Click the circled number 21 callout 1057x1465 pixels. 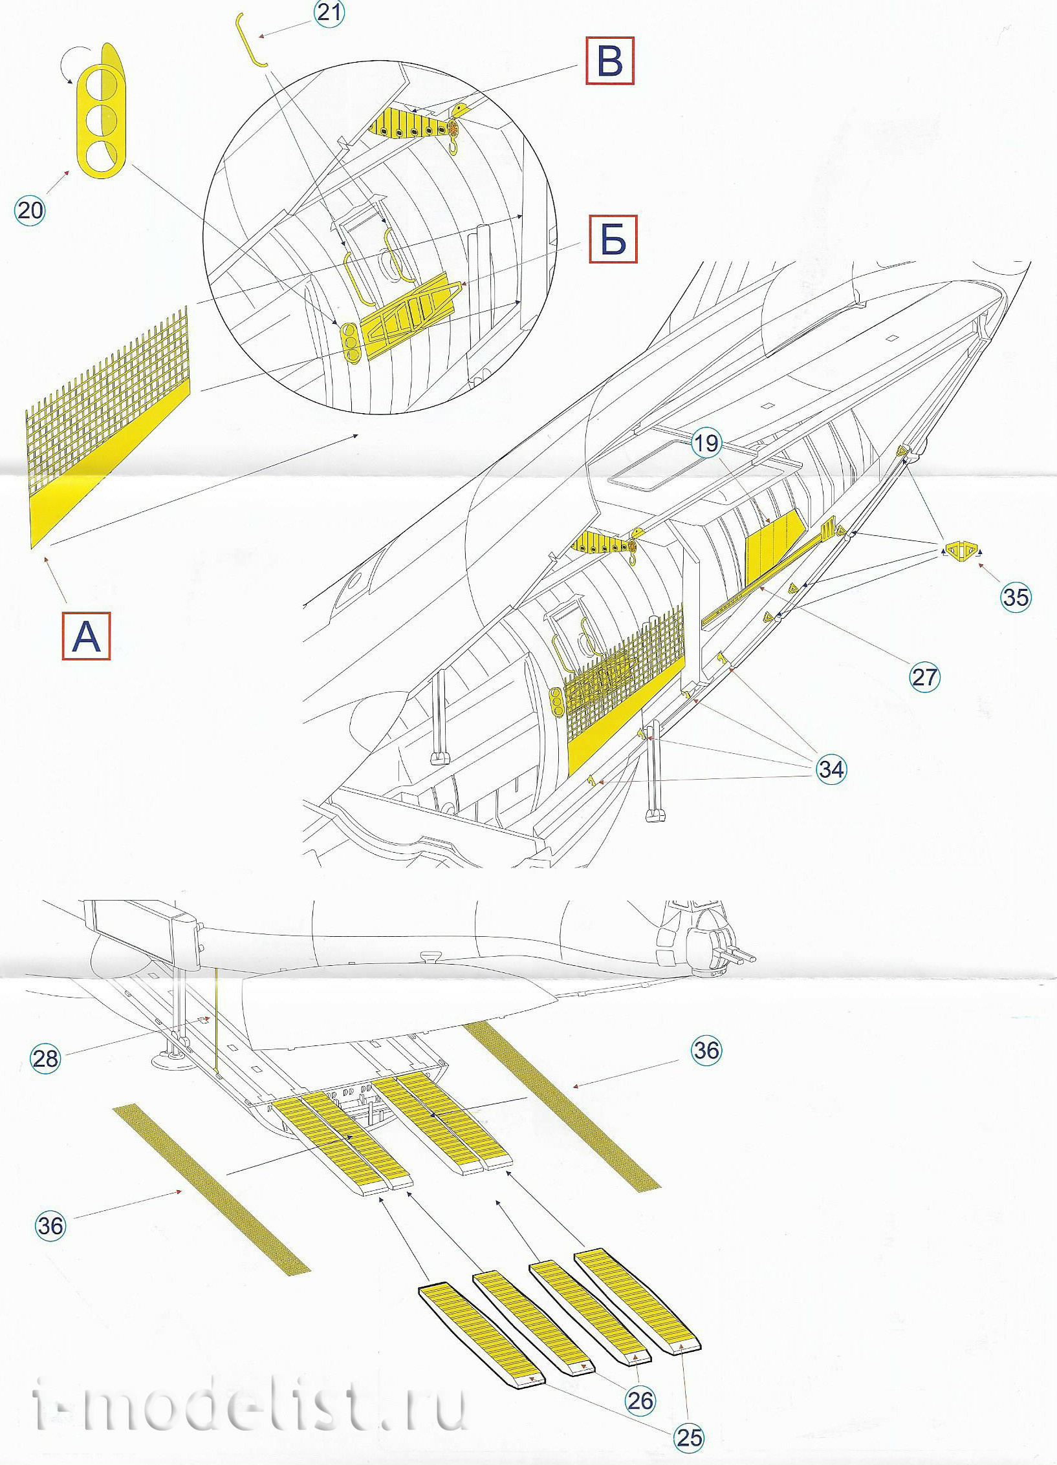329,13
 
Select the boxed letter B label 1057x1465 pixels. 609,61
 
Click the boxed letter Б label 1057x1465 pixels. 613,239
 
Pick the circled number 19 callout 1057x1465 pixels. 706,443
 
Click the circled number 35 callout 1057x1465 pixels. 1015,597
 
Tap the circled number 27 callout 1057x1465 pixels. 924,677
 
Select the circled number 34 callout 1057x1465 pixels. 831,769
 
